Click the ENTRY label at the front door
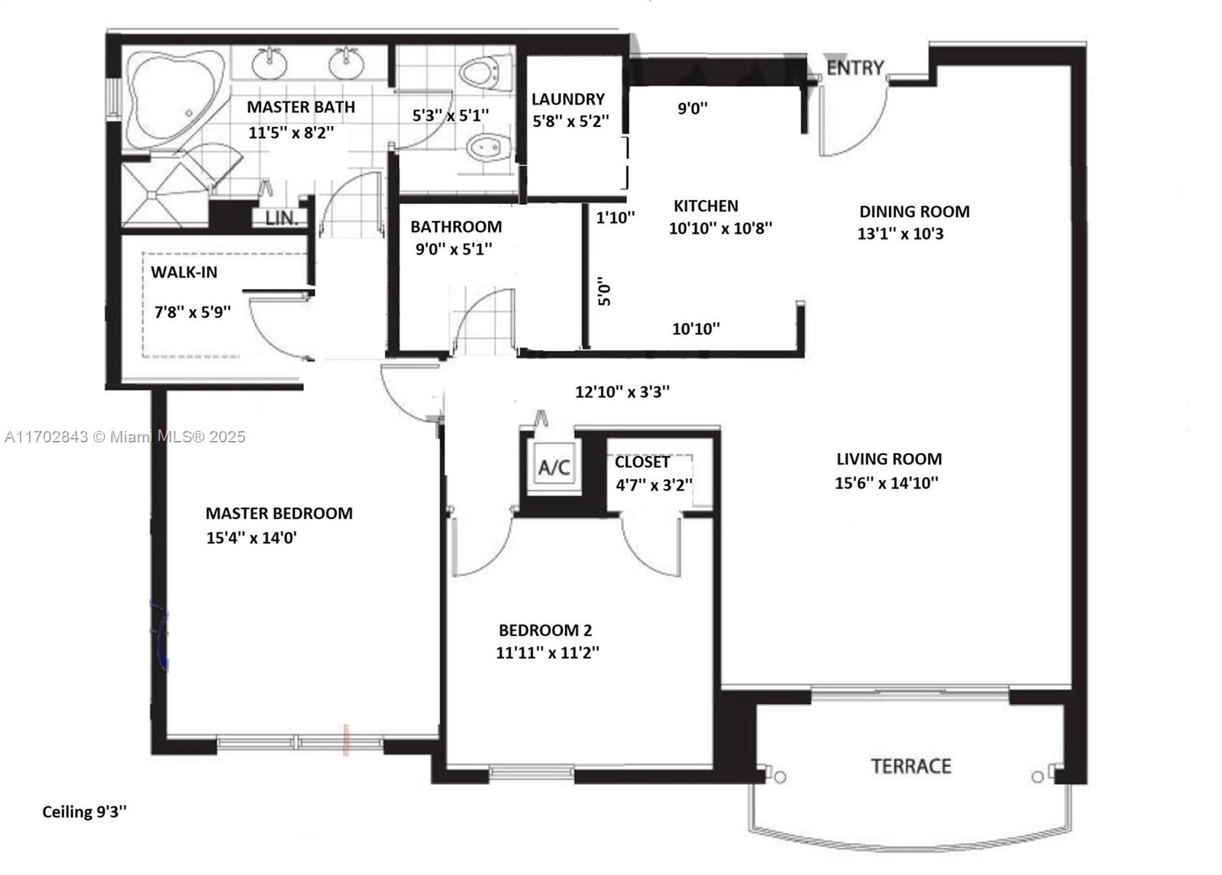pos(855,68)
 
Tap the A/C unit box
pos(554,467)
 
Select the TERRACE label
pos(911,766)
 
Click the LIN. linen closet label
pos(282,219)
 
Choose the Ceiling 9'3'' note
pos(85,812)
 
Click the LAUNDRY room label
pos(568,99)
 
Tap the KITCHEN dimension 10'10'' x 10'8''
pos(720,228)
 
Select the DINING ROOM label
pos(914,211)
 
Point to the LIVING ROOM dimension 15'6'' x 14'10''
pos(887,482)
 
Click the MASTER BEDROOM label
pos(279,513)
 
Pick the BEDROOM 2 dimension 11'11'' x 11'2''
pos(547,653)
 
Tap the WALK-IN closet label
pos(184,272)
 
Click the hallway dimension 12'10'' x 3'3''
pos(622,391)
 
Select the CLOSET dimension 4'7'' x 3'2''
pos(654,484)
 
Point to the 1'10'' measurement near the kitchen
pos(616,218)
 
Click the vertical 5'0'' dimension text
pos(604,293)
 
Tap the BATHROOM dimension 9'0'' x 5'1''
pos(454,249)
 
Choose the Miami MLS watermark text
pos(125,436)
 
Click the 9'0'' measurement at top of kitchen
pos(692,108)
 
